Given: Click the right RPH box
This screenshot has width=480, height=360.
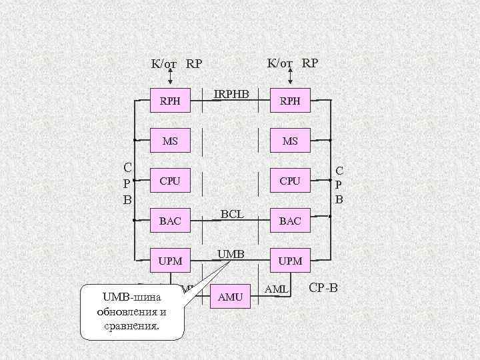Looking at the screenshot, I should click(290, 101).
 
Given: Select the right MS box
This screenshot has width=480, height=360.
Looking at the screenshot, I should click(290, 141).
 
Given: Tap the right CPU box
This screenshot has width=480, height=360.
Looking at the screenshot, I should click(290, 181).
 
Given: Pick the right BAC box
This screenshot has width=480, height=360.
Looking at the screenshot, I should click(290, 220).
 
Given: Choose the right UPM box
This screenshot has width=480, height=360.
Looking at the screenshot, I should click(290, 260).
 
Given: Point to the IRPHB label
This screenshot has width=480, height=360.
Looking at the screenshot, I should click(230, 95).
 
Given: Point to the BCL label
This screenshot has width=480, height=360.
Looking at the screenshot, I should click(231, 214).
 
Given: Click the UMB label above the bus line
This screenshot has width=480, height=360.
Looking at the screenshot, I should click(231, 254).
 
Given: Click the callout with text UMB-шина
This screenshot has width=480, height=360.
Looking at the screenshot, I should click(131, 311).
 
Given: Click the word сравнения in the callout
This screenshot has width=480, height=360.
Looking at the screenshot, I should click(131, 326).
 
